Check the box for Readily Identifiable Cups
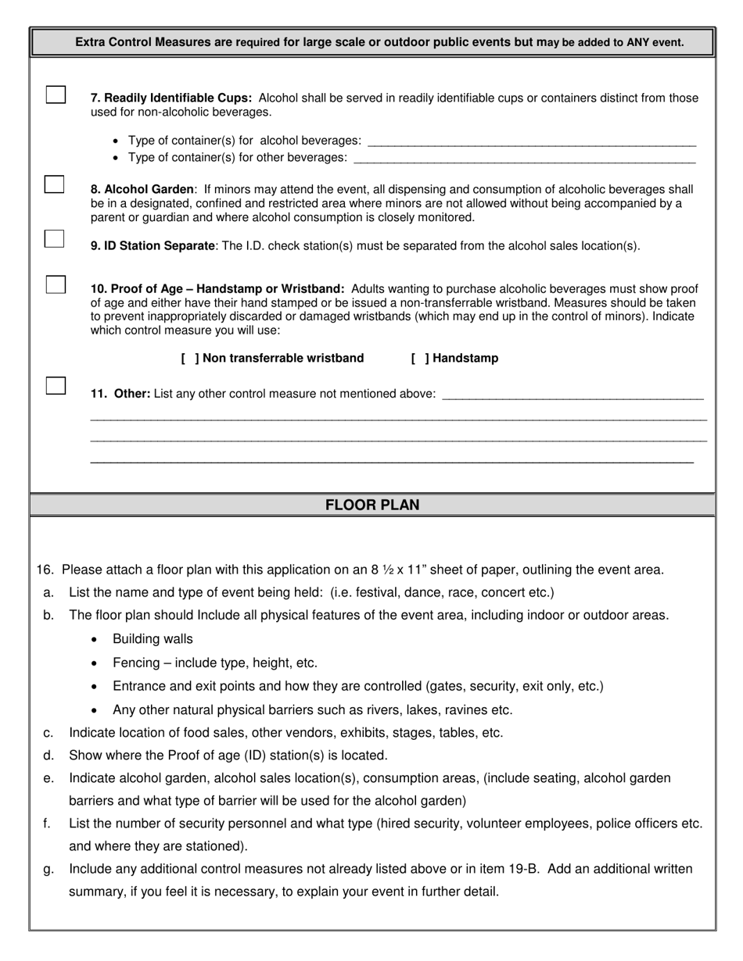(56, 95)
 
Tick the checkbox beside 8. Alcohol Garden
(54, 185)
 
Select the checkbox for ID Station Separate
(54, 239)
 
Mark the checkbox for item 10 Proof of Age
(56, 284)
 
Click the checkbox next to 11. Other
(56, 386)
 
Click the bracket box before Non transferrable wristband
(189, 359)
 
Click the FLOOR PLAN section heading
(372, 506)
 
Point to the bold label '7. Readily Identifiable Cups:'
(171, 98)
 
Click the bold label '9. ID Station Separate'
(153, 246)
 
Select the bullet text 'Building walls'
(153, 639)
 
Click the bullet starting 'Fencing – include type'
(215, 663)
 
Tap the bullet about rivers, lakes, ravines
(313, 710)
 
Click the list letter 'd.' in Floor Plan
(48, 756)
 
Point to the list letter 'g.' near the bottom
(48, 869)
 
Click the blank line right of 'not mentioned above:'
(573, 396)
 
